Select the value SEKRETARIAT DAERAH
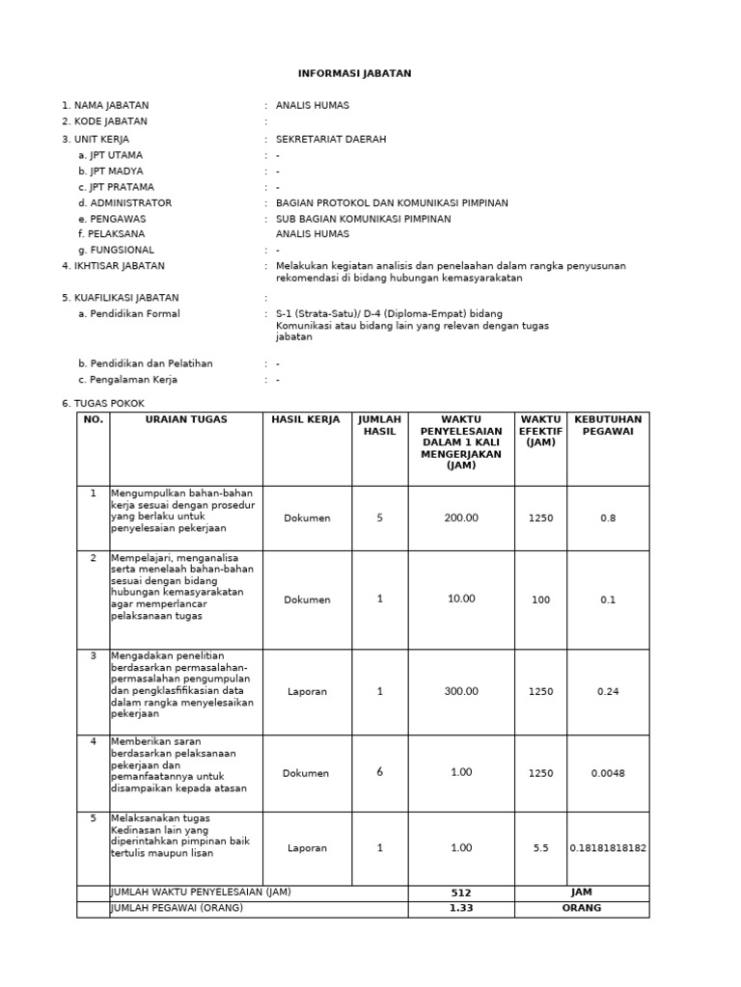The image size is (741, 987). pyautogui.click(x=331, y=139)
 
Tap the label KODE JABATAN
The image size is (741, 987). pyautogui.click(x=104, y=121)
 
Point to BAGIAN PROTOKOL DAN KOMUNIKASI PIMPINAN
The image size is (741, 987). pyautogui.click(x=392, y=202)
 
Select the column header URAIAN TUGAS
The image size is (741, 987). pyautogui.click(x=186, y=419)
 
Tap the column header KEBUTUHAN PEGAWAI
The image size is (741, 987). pyautogui.click(x=608, y=425)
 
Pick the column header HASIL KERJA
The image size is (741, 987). pyautogui.click(x=308, y=419)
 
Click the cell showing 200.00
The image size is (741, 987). pyautogui.click(x=461, y=518)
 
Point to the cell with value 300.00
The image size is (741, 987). pyautogui.click(x=461, y=691)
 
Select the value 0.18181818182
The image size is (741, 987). pyautogui.click(x=608, y=848)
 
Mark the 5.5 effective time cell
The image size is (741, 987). pyautogui.click(x=540, y=848)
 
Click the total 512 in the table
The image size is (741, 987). pyautogui.click(x=461, y=894)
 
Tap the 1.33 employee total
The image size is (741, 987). pyautogui.click(x=461, y=908)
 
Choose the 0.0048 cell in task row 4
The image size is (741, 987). pyautogui.click(x=608, y=773)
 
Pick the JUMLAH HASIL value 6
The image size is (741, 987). pyautogui.click(x=379, y=773)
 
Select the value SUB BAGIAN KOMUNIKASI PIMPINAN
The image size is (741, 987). pyautogui.click(x=363, y=219)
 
